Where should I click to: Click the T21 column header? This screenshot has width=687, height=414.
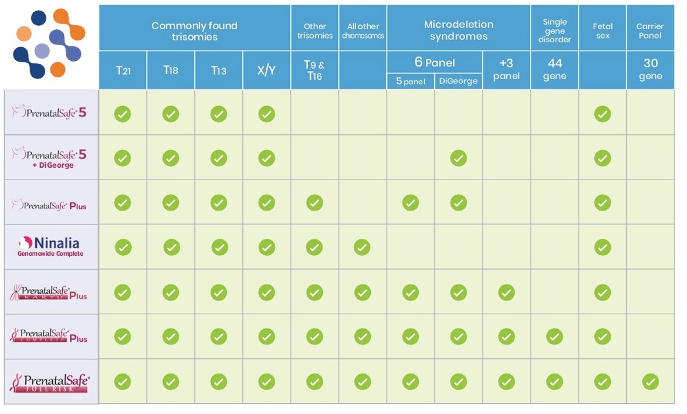click(x=123, y=70)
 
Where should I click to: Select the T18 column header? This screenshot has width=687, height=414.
click(x=171, y=70)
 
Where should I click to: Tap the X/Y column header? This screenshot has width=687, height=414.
click(x=266, y=70)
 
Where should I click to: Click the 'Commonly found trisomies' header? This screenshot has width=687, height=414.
click(x=194, y=31)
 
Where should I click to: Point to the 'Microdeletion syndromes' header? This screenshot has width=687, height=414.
click(x=458, y=30)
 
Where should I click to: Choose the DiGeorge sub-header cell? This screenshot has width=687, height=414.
click(x=458, y=82)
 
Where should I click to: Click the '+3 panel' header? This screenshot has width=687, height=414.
click(x=506, y=70)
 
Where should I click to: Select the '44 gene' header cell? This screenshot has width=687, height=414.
click(x=554, y=70)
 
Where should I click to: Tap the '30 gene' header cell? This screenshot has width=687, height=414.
click(x=651, y=70)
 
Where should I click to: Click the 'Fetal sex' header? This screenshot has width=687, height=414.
click(x=603, y=30)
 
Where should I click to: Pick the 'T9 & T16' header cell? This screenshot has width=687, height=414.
click(x=314, y=70)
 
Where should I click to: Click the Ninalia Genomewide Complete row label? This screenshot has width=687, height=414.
click(x=50, y=247)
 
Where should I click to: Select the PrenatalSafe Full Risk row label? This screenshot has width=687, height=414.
click(x=50, y=382)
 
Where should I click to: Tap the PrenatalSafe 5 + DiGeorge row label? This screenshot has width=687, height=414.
click(x=50, y=157)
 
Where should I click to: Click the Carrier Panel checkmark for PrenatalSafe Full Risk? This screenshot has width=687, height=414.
click(x=650, y=382)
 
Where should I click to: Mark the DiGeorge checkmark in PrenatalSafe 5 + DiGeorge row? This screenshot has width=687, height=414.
click(x=458, y=158)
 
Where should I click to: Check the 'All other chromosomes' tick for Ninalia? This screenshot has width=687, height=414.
click(x=362, y=247)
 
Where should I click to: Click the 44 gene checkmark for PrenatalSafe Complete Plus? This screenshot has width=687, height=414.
click(x=554, y=337)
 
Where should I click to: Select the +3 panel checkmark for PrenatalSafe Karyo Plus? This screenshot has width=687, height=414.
click(x=506, y=292)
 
